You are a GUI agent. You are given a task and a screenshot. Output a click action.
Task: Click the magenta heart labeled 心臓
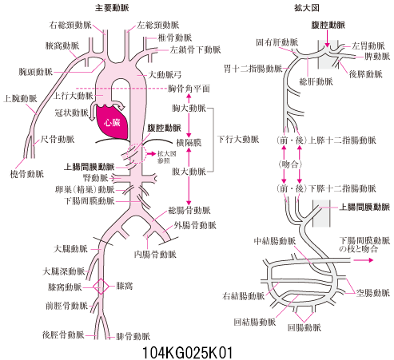112,122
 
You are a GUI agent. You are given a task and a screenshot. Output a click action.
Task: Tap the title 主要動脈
112,8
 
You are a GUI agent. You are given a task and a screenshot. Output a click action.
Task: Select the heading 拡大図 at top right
306,8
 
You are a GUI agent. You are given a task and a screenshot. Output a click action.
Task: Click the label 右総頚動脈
70,25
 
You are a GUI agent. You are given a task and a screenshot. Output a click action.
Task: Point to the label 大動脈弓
165,75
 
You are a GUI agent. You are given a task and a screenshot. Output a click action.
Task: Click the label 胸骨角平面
189,89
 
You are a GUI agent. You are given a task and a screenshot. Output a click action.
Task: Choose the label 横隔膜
189,143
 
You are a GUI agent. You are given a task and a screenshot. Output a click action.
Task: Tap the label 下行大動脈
238,139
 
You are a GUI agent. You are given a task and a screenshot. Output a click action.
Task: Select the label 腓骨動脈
133,336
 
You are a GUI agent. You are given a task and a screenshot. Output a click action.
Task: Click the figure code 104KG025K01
187,353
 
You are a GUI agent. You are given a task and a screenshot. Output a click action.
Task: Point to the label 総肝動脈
316,81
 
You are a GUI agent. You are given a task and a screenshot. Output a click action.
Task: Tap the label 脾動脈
377,57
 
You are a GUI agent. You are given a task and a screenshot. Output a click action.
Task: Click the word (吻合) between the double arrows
290,164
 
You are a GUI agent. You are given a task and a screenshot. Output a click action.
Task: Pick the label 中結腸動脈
275,241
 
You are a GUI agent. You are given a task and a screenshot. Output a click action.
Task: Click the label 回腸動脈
304,327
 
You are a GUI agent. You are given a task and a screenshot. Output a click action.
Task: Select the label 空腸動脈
373,293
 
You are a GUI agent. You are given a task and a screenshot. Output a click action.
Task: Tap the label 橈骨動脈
27,174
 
